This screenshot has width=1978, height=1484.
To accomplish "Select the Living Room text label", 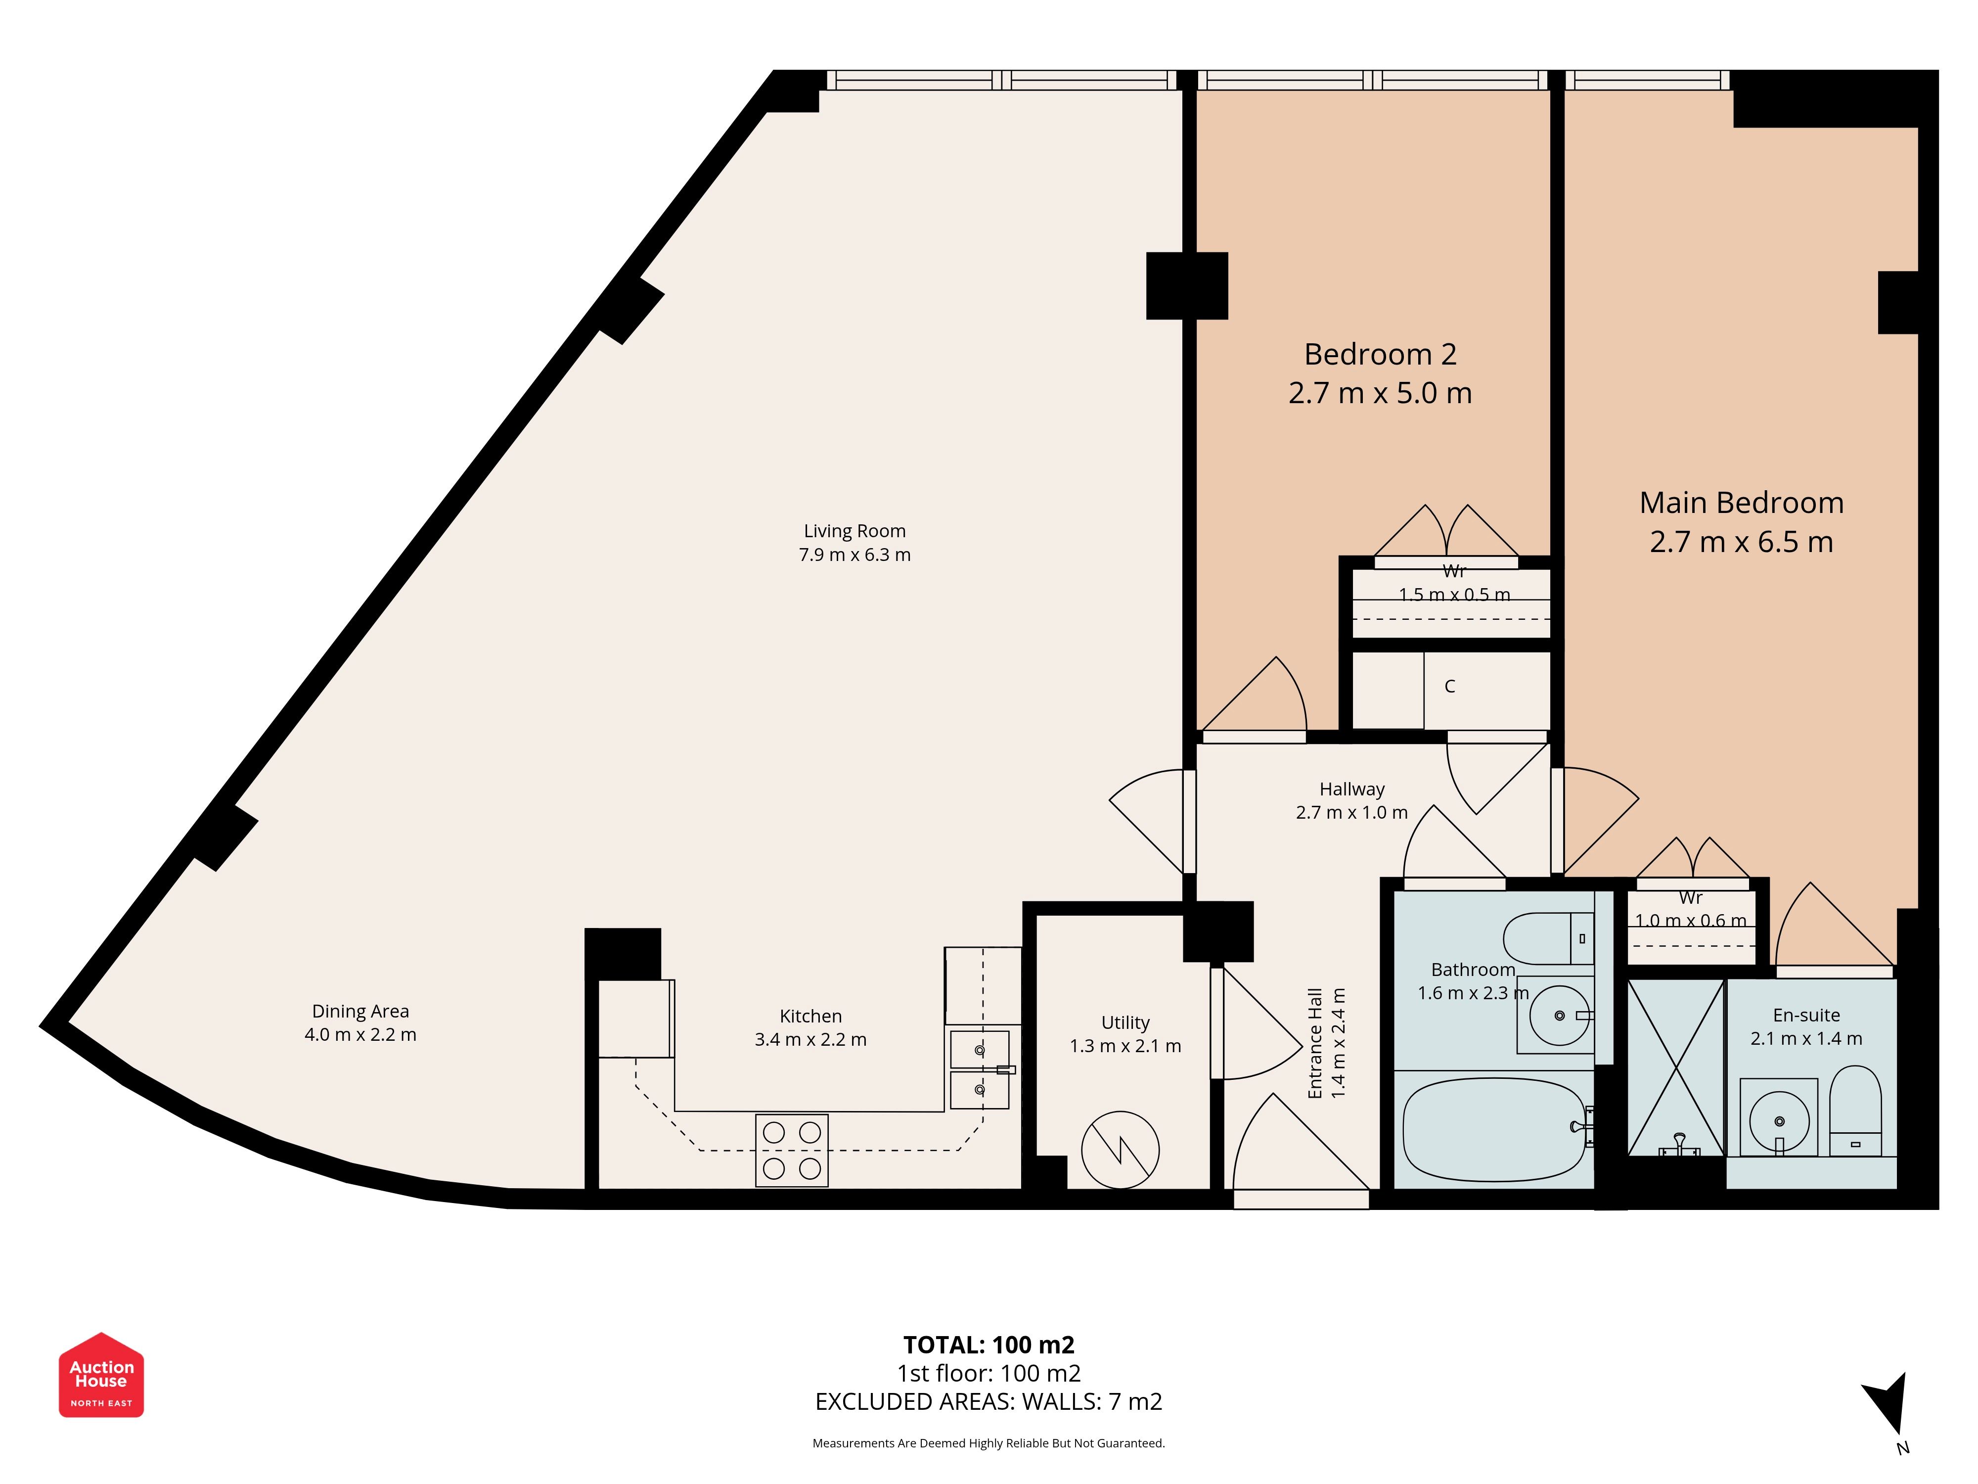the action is click(x=855, y=531).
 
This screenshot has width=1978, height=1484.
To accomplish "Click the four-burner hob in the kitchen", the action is click(x=792, y=1150).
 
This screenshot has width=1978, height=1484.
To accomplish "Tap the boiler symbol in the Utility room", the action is click(x=1121, y=1150).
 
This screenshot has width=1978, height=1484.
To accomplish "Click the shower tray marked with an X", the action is click(x=1676, y=1067).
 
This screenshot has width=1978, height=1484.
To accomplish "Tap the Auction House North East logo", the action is click(x=101, y=1375).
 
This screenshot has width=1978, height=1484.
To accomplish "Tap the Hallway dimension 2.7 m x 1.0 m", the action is click(x=1352, y=812).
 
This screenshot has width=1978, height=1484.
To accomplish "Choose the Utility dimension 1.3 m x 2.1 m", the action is click(x=1126, y=1046).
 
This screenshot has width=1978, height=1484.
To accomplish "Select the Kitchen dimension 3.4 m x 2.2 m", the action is click(x=811, y=1039).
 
